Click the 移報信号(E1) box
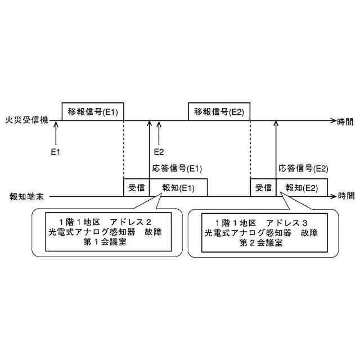[x=92, y=111]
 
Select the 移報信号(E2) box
[x=219, y=111]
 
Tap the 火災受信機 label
[x=26, y=121]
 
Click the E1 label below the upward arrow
[x=55, y=151]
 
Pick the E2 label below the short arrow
[x=159, y=151]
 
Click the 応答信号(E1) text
[x=177, y=168]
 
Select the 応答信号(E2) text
[x=303, y=168]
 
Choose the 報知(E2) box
[x=302, y=188]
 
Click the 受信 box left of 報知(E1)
[x=137, y=188]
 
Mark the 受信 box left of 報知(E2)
[x=263, y=188]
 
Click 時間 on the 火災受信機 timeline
[x=345, y=121]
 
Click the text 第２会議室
[x=260, y=242]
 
